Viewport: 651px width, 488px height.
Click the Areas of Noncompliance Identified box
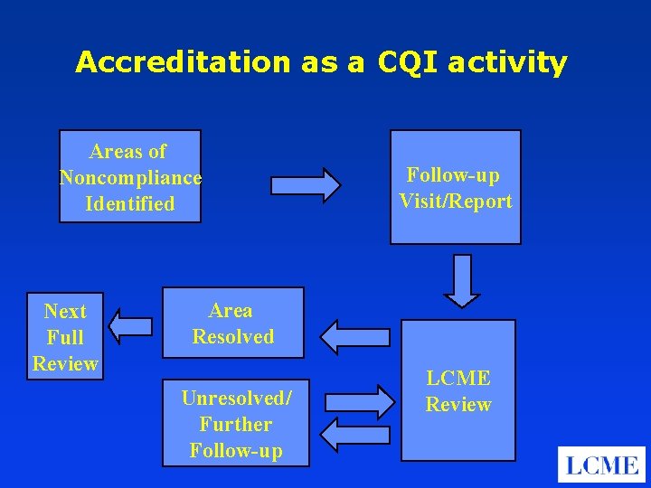click(130, 177)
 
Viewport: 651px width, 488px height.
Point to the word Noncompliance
click(130, 177)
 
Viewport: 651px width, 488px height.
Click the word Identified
click(130, 204)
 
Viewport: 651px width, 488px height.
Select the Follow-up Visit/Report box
click(456, 187)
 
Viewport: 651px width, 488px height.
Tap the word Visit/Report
click(456, 201)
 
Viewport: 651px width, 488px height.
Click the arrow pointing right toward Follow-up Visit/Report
click(307, 185)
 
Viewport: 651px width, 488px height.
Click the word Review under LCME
click(458, 405)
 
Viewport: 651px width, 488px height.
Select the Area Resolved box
click(232, 323)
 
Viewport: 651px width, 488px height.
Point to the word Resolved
click(232, 336)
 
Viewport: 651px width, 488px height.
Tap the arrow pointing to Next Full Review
click(128, 326)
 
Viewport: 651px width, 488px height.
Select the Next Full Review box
click(64, 336)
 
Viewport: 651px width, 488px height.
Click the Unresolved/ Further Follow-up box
click(235, 422)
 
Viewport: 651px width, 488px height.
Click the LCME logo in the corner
click(601, 465)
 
